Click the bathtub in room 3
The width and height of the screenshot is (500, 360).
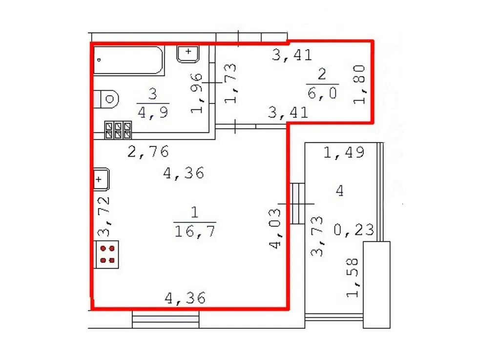pos(129,61)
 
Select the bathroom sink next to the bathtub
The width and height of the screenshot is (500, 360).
pos(188,54)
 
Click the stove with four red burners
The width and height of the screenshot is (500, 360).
pos(107,254)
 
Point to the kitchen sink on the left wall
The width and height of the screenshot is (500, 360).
pos(102,179)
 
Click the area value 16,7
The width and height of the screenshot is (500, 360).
pos(195,231)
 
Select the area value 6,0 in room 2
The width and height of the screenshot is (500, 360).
pos(322,93)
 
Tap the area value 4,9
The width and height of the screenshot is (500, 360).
pos(153,112)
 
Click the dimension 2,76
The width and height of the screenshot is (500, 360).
pos(148,152)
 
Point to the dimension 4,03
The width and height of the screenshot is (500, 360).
pos(275,228)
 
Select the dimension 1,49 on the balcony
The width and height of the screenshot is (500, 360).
pos(344,152)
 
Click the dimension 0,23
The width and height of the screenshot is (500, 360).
pos(354,230)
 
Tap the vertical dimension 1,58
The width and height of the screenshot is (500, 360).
pos(353,277)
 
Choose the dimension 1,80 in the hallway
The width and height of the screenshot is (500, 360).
pos(359,84)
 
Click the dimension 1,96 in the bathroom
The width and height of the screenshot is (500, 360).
pos(196,93)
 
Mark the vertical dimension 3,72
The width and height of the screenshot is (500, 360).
pos(104,216)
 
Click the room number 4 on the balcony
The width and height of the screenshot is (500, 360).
pos(340,191)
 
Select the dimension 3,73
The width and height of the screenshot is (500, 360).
pos(317,236)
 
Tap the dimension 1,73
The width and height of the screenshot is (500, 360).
pos(230,83)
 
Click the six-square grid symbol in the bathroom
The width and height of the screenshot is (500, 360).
pos(118,130)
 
